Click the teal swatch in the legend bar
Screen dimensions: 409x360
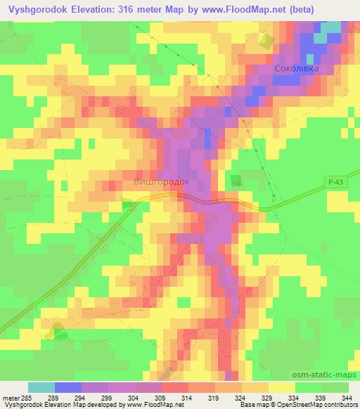tap(41, 388)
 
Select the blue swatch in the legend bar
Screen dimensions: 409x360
tap(68, 388)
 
